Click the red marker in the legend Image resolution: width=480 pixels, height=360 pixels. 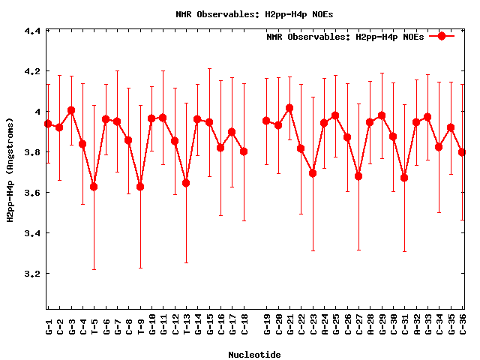tap(442, 36)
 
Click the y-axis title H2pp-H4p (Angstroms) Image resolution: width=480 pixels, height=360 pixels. tap(10, 169)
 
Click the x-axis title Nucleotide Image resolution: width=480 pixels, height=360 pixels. tap(255, 355)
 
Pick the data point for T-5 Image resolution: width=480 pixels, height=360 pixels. tap(94, 187)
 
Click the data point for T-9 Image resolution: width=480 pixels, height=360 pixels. tap(140, 187)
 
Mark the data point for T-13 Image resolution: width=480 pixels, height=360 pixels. tap(186, 183)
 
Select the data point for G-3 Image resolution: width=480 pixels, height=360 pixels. tap(71, 110)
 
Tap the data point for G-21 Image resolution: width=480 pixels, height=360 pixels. tap(289, 108)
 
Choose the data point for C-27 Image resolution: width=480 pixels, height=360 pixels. tap(358, 176)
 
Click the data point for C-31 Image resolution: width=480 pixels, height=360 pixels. tap(404, 178)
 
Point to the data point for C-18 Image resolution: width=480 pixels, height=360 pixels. tap(244, 151)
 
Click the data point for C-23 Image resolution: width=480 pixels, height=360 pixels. tap(313, 173)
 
